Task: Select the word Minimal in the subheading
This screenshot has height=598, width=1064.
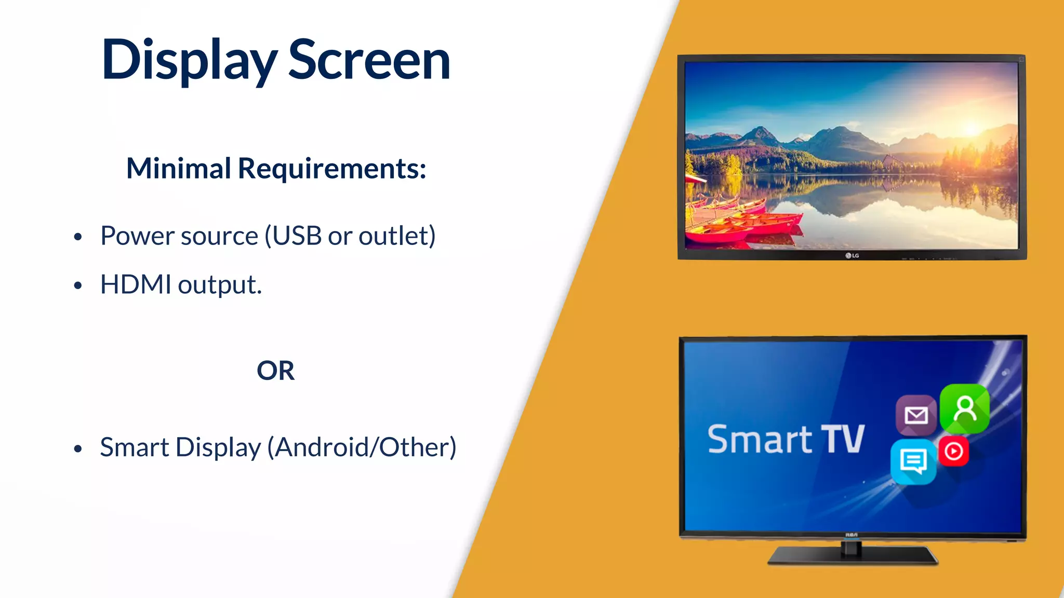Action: (x=178, y=168)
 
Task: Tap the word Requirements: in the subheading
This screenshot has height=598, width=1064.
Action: (x=332, y=168)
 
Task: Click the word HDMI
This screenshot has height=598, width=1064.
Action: (x=136, y=284)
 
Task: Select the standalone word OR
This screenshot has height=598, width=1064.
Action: (x=275, y=371)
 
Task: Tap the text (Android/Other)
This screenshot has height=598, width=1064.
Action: (x=362, y=447)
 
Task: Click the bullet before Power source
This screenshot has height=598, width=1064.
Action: (x=78, y=237)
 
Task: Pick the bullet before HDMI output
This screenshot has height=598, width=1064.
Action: (x=78, y=286)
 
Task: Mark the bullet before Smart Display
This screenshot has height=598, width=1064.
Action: (x=78, y=448)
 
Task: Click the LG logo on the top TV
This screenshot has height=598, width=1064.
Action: (x=852, y=255)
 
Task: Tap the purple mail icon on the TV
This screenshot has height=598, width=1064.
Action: (x=916, y=415)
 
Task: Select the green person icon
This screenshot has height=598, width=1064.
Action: (x=965, y=409)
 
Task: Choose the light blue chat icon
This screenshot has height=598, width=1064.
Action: (x=913, y=461)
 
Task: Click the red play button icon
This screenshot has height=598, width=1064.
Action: (x=954, y=451)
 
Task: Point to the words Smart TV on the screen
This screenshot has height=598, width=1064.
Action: (x=786, y=439)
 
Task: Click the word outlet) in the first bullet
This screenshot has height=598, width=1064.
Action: (x=397, y=236)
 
